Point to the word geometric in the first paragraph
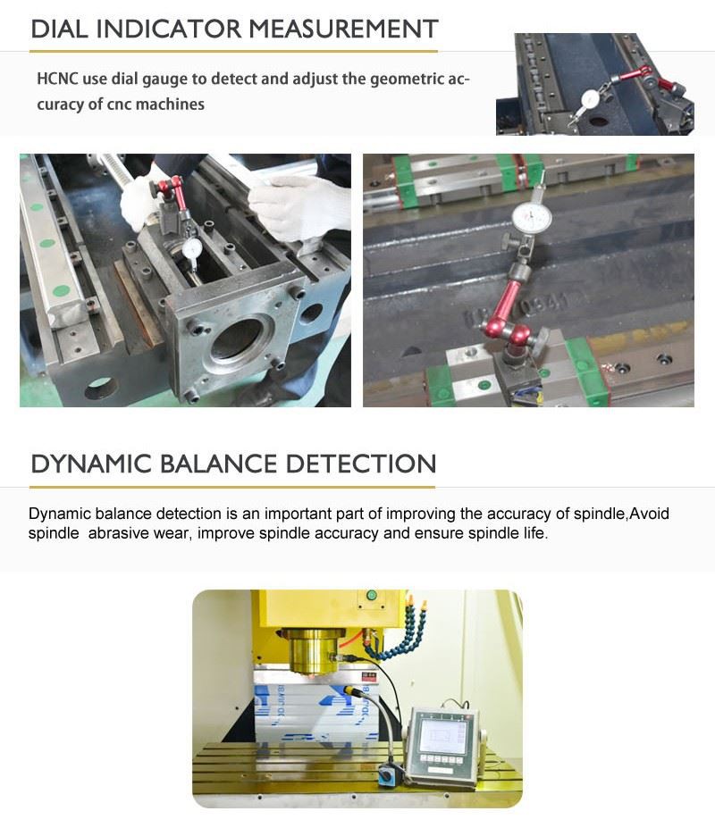click(383, 79)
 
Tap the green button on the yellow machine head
click(370, 596)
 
